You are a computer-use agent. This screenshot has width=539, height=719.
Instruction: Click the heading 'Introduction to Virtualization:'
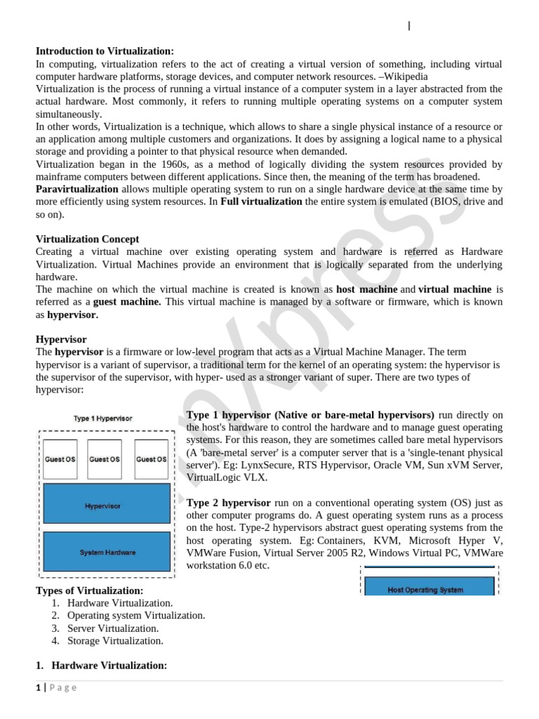(x=105, y=51)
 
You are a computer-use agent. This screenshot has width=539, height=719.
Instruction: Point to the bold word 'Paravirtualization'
(x=77, y=190)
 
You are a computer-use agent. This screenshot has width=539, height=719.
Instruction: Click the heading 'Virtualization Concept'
(x=87, y=239)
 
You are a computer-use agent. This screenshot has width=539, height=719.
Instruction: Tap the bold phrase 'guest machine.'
(x=127, y=302)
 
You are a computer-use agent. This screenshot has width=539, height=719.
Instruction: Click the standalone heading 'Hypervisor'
(x=61, y=339)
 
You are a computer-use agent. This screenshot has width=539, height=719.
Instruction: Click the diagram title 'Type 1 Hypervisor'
(x=103, y=418)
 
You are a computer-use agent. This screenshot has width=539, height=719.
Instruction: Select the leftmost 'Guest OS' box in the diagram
(x=60, y=459)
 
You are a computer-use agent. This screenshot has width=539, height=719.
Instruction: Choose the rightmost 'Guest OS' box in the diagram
(x=151, y=459)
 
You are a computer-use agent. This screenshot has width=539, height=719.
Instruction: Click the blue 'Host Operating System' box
(x=426, y=589)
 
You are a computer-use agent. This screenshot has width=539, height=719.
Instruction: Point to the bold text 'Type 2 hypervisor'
(x=228, y=503)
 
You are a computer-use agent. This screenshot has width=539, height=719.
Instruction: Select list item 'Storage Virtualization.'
(x=115, y=640)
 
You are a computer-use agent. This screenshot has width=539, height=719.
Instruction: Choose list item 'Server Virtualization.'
(x=113, y=628)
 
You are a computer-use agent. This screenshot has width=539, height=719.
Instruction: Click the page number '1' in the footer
(x=39, y=687)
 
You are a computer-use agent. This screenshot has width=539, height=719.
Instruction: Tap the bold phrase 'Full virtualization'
(x=262, y=202)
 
